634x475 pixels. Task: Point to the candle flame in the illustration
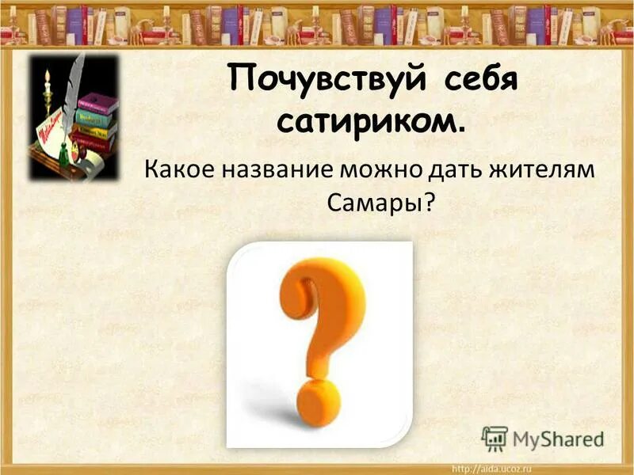[48, 78]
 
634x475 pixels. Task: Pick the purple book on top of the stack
[99, 103]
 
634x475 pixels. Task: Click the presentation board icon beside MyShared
[495, 438]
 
